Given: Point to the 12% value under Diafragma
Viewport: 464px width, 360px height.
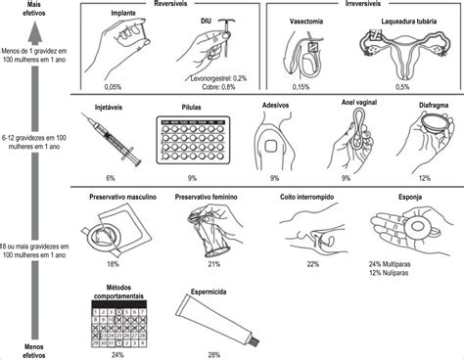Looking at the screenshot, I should [x=423, y=178].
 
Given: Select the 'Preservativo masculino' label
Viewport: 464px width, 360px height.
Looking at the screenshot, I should [x=113, y=197].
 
